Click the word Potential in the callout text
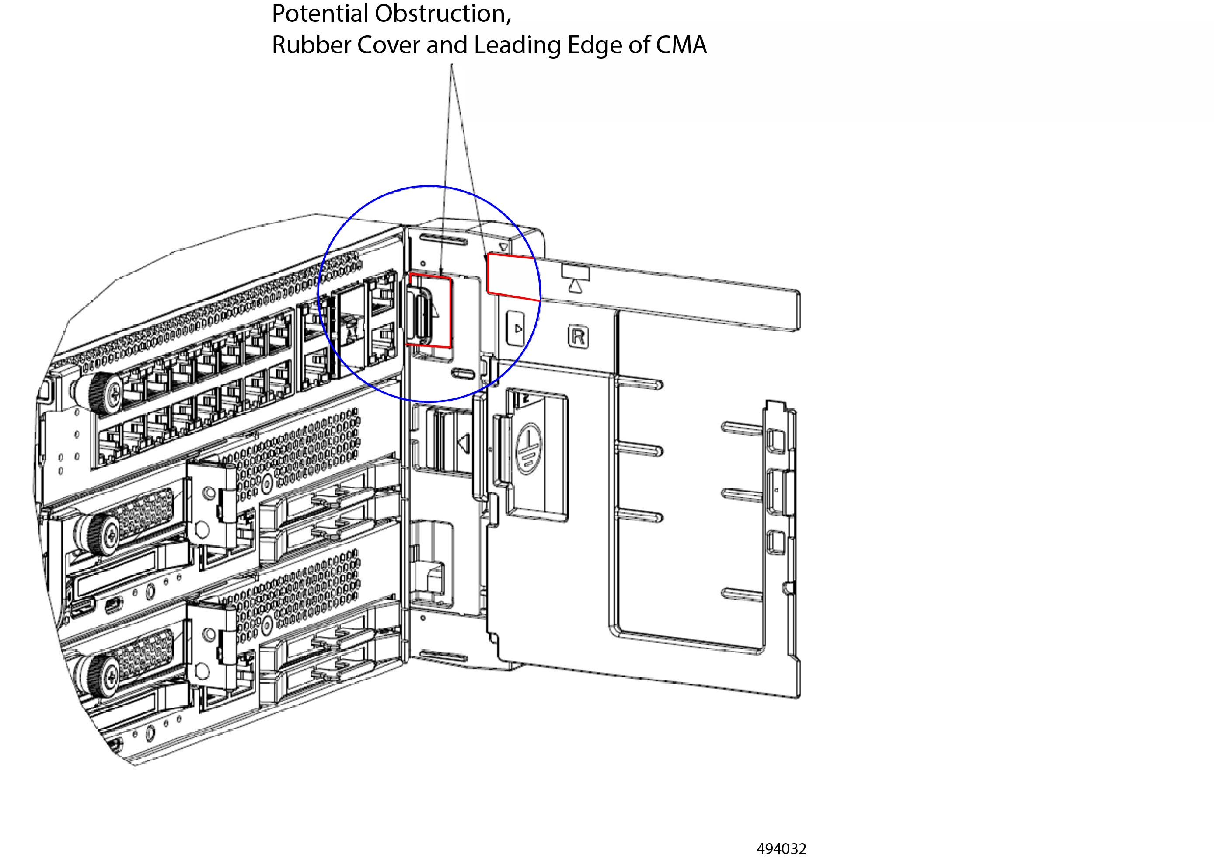(x=320, y=14)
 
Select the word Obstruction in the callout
(x=443, y=14)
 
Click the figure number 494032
(x=781, y=849)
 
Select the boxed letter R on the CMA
(x=578, y=336)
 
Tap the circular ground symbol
(x=528, y=449)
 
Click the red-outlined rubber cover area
(x=430, y=311)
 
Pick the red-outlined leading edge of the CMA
(x=513, y=276)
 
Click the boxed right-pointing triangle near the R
(x=516, y=328)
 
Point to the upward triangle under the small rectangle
(x=575, y=287)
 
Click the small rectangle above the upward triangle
(x=576, y=272)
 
